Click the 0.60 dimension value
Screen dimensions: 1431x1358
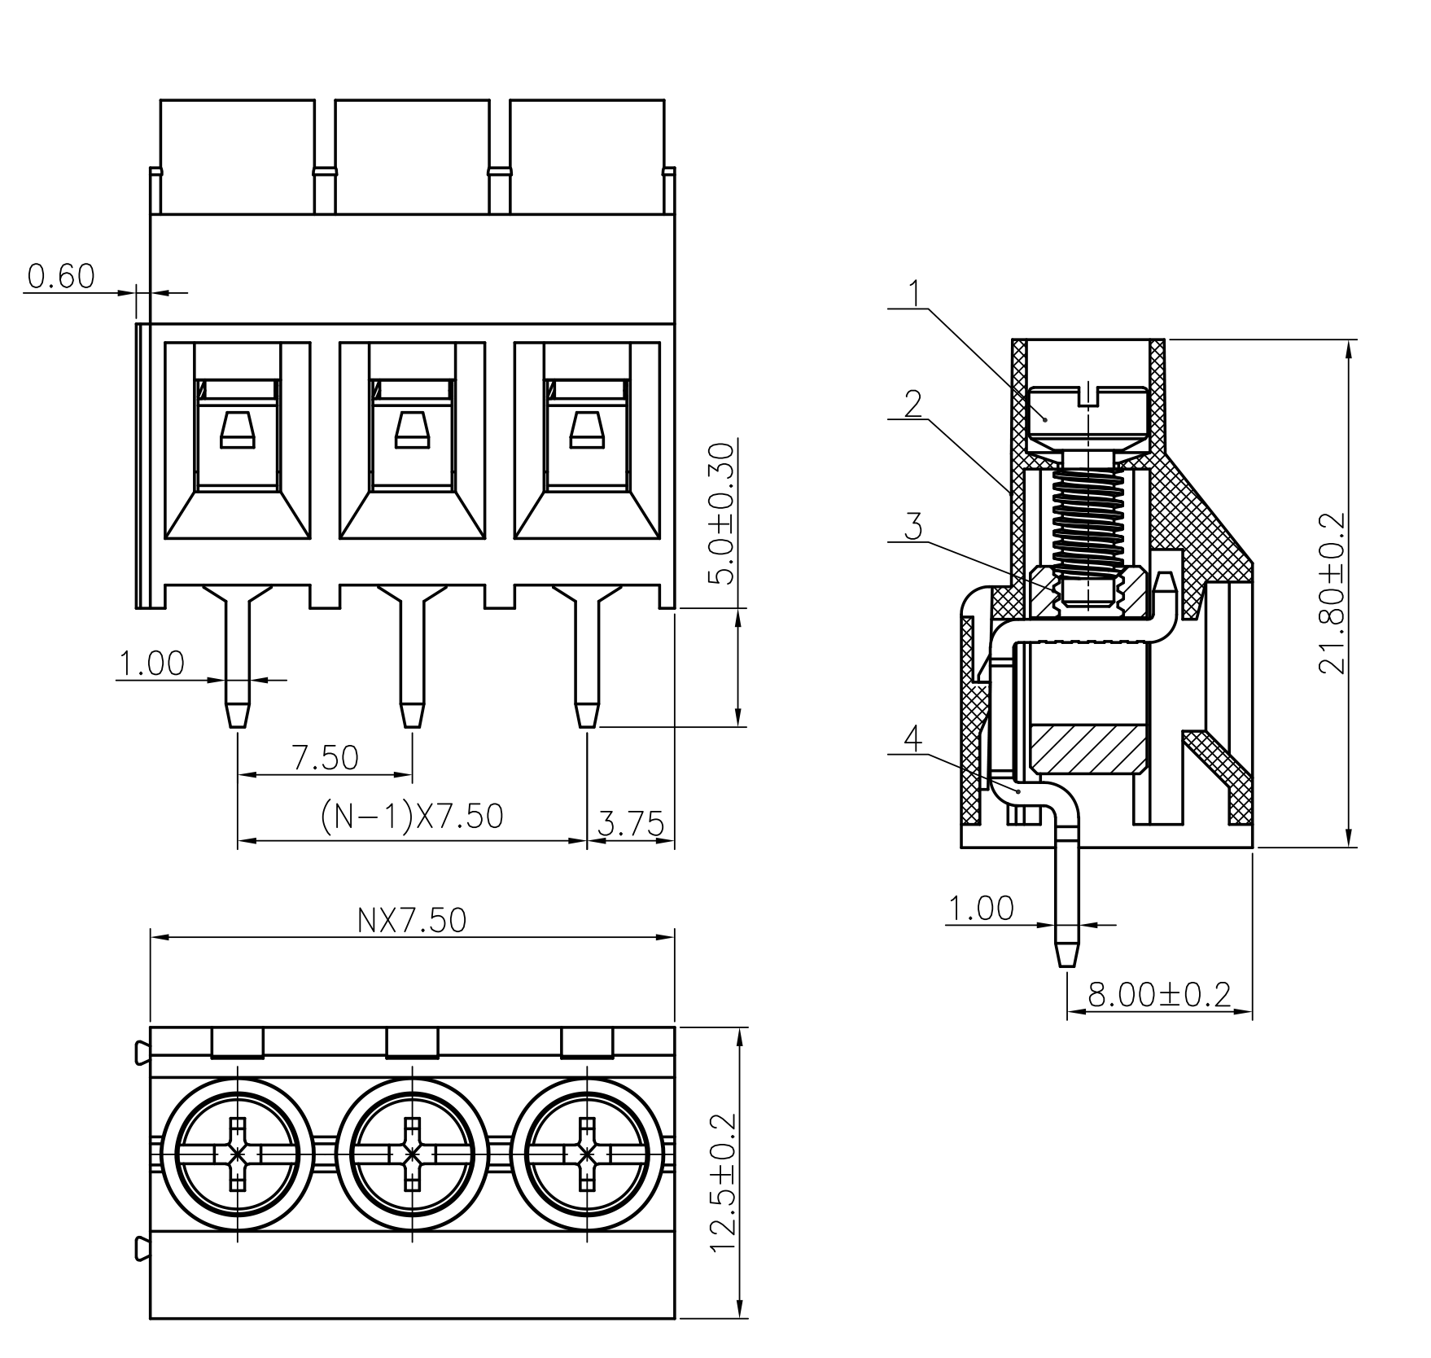pyautogui.click(x=61, y=277)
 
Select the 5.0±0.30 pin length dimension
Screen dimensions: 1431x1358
pyautogui.click(x=720, y=513)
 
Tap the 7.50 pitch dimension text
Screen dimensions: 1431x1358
pyautogui.click(x=326, y=758)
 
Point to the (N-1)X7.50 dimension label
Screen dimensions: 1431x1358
pyautogui.click(x=412, y=816)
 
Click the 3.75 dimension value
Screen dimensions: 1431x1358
pyautogui.click(x=631, y=824)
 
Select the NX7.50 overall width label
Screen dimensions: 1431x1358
pyautogui.click(x=412, y=920)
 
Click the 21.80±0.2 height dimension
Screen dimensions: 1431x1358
pyautogui.click(x=1333, y=593)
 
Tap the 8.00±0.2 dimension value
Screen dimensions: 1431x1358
pyautogui.click(x=1159, y=994)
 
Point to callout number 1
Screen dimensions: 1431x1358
pyautogui.click(x=916, y=293)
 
